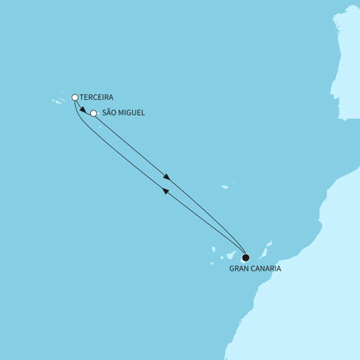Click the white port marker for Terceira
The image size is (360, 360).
pos(75,97)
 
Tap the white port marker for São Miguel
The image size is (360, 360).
pos(94,113)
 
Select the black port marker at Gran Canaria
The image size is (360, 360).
pos(245,257)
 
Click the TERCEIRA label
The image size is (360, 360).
pos(97,97)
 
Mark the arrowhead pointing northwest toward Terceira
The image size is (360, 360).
pos(166,191)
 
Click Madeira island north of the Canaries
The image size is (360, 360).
pos(225,187)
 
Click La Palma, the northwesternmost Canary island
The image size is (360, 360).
pos(211,247)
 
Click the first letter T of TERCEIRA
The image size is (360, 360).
pos(82,97)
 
